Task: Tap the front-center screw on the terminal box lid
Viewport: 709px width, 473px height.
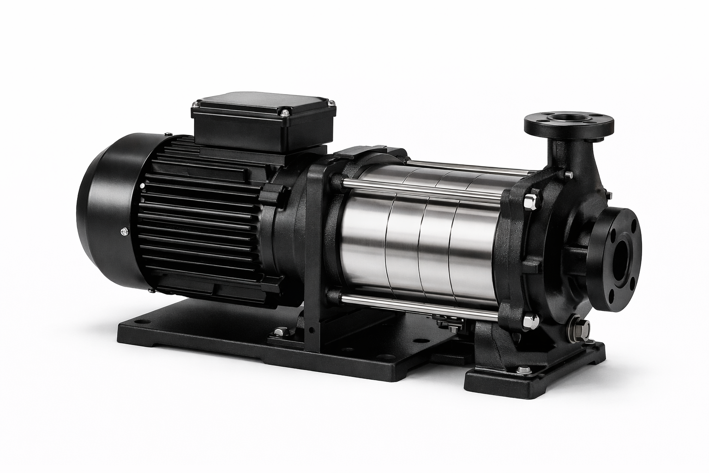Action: click(285, 111)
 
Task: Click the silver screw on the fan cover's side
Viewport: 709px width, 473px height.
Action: click(124, 231)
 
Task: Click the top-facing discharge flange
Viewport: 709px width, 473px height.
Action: click(569, 124)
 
